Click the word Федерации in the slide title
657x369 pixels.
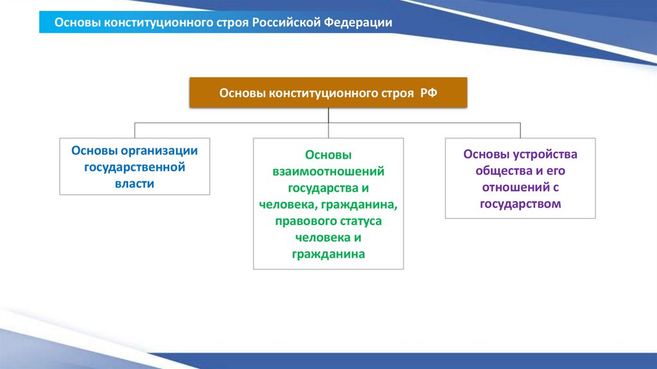tap(358, 22)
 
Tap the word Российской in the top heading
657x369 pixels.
tap(286, 22)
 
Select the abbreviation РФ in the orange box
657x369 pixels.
tap(429, 93)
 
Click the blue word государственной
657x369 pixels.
tap(135, 167)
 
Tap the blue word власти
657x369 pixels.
tap(135, 184)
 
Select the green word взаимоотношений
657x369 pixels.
tap(328, 171)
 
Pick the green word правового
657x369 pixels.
tap(303, 221)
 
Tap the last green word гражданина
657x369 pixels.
tap(328, 254)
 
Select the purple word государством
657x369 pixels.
tap(520, 204)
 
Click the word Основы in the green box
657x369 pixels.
tap(328, 155)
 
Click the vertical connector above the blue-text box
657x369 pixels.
tap(135, 130)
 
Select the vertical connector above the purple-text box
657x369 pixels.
tap(520, 130)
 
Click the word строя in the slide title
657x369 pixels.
tap(232, 23)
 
